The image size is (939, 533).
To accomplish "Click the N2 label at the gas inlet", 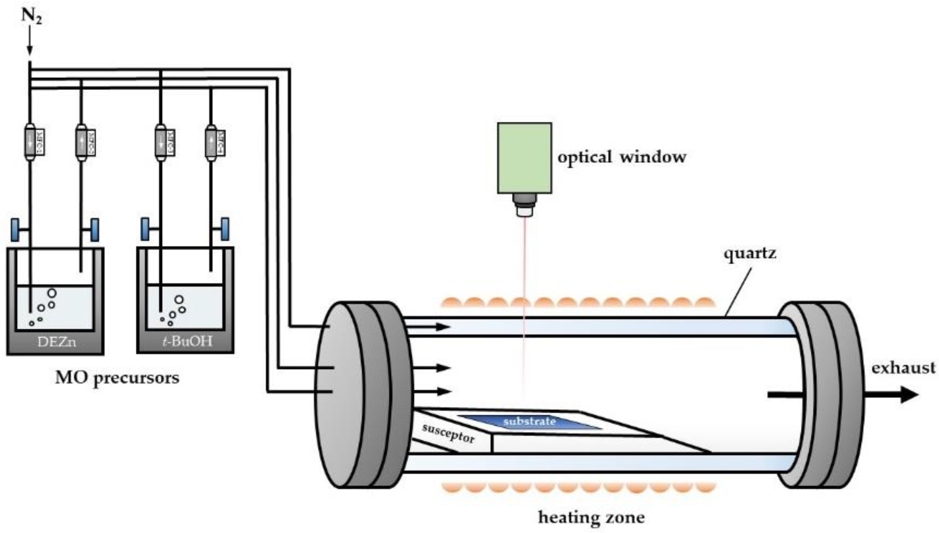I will tap(32, 16).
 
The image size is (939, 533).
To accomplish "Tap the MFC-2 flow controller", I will tap(85, 143).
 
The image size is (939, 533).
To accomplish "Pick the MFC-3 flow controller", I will tap(164, 143).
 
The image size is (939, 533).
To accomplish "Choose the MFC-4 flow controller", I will tap(215, 143).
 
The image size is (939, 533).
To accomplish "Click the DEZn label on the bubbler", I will tap(56, 342).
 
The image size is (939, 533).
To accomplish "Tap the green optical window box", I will tap(524, 158).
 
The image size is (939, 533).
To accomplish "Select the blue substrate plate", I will tap(529, 422).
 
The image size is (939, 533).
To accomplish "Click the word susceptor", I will tap(448, 433).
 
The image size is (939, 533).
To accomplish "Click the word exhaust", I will tap(903, 368).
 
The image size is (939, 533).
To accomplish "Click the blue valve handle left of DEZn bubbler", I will tap(15, 230).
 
